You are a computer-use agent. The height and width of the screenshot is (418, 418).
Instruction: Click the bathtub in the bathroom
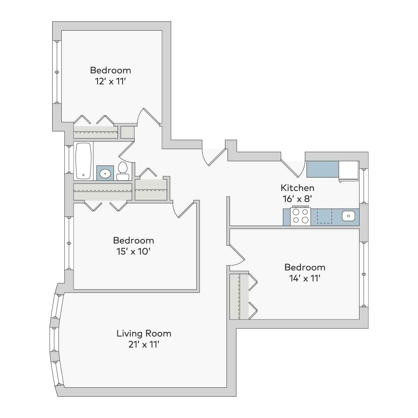coord(83,161)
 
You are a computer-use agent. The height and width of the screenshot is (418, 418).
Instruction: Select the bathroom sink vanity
coord(105,173)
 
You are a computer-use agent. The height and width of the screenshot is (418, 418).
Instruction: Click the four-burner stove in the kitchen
coord(300,216)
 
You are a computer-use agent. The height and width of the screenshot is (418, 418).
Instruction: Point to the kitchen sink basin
coord(348,216)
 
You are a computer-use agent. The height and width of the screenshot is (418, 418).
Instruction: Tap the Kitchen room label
coord(297,188)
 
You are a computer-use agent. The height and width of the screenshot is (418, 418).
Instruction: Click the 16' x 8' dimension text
coord(297,199)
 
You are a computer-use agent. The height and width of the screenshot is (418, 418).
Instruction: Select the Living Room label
coord(144,333)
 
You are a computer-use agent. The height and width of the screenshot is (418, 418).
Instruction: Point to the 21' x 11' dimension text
coord(144,345)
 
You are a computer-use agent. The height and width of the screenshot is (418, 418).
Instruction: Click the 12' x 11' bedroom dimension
coord(110,81)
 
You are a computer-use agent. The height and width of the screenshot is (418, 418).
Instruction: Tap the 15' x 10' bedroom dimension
coord(133,251)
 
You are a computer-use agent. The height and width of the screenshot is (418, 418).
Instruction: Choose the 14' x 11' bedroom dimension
coord(304,278)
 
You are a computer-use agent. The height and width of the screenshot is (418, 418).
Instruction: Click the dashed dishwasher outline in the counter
coord(324,216)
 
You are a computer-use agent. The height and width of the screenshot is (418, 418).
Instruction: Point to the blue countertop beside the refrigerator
coord(322,169)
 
